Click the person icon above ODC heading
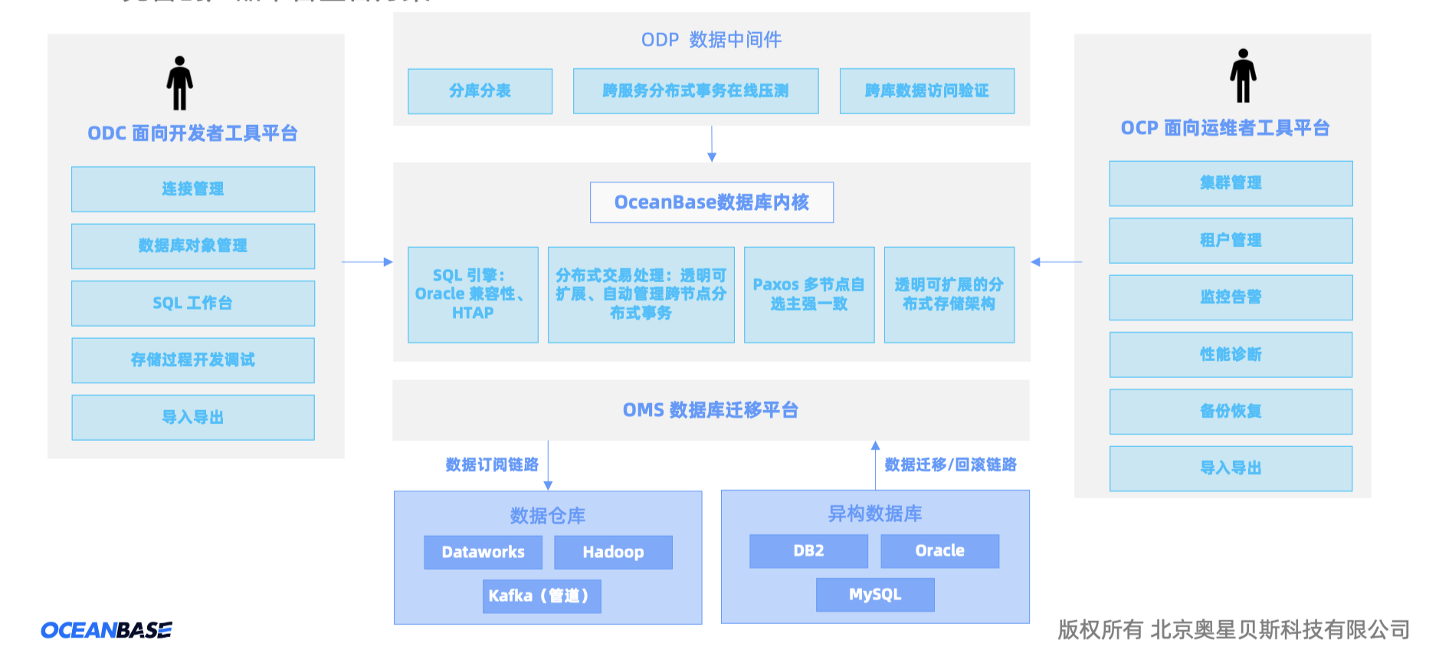[179, 83]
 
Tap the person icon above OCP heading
[1243, 76]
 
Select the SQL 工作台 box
[193, 303]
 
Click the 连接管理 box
[193, 189]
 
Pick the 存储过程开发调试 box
[193, 360]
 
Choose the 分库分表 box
[480, 91]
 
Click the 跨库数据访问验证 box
[926, 91]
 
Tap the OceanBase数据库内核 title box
[711, 202]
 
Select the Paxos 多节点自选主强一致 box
[808, 294]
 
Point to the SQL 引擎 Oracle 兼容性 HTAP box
[473, 294]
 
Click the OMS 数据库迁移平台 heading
[710, 410]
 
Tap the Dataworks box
[483, 552]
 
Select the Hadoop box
[613, 552]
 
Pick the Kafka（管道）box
[541, 596]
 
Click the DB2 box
[808, 550]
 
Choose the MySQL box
[875, 594]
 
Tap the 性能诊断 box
[1231, 354]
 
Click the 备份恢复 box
[1231, 411]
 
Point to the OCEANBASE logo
[107, 630]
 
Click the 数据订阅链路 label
[492, 465]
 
